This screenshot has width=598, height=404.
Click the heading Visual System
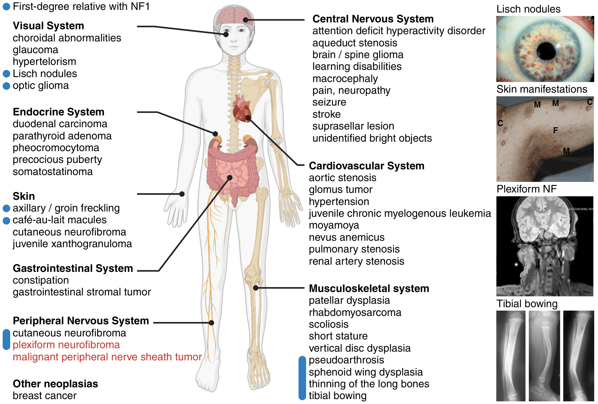pyautogui.click(x=48, y=26)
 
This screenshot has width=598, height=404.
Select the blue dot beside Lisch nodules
pyautogui.click(x=6, y=74)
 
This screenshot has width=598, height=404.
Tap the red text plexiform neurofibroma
pyautogui.click(x=66, y=345)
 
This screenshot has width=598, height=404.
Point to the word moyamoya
pyautogui.click(x=334, y=226)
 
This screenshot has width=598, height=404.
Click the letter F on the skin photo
pyautogui.click(x=556, y=130)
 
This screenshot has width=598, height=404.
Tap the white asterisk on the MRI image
pyautogui.click(x=516, y=265)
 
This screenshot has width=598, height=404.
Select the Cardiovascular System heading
pyautogui.click(x=367, y=166)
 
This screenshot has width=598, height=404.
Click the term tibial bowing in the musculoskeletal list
pyautogui.click(x=337, y=396)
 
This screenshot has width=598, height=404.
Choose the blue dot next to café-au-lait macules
pyautogui.click(x=6, y=221)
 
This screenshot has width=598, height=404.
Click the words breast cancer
pyautogui.click(x=44, y=396)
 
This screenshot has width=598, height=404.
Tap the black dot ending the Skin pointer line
pyautogui.click(x=182, y=194)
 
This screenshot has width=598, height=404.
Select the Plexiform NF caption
pyautogui.click(x=526, y=189)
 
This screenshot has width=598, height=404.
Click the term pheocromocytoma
pyautogui.click(x=56, y=148)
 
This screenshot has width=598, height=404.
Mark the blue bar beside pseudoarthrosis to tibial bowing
pyautogui.click(x=302, y=378)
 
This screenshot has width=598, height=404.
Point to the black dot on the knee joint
pyautogui.click(x=256, y=288)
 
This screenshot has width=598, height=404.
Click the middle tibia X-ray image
pyautogui.click(x=544, y=356)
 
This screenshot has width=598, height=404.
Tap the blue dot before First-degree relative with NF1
pyautogui.click(x=6, y=7)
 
